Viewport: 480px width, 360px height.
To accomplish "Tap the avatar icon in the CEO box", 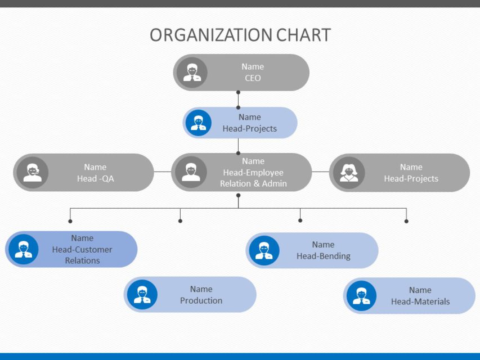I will (x=192, y=73).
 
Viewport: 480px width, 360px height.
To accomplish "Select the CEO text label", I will (x=253, y=78).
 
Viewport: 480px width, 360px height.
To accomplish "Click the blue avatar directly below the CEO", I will (x=198, y=123).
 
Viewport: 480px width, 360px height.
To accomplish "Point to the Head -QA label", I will (x=95, y=178).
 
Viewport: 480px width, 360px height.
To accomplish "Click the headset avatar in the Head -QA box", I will (x=32, y=172).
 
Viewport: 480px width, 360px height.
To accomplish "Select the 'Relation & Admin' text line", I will (x=253, y=183).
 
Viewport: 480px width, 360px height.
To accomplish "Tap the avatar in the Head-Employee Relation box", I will (x=191, y=172).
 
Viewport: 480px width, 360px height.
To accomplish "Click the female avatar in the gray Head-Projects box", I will (x=349, y=173).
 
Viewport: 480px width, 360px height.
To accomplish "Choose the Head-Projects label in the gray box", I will (x=411, y=178).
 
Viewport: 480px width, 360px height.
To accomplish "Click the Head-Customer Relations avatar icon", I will (x=23, y=249).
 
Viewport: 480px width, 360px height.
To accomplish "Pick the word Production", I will (x=201, y=300).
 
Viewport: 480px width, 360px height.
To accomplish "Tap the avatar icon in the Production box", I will (x=142, y=295).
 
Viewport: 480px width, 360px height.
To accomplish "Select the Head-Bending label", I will (x=323, y=256).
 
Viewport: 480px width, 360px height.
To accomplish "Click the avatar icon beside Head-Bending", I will (x=263, y=250).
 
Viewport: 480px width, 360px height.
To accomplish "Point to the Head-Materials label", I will (x=420, y=301).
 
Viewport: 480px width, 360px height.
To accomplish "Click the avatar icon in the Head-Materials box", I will (x=361, y=296).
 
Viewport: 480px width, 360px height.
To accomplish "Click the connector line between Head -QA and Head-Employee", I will (x=162, y=172).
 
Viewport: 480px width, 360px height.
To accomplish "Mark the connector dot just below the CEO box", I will (x=238, y=107).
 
